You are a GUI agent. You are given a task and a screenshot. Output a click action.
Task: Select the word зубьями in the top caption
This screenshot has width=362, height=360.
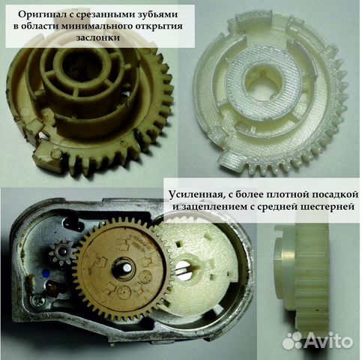tap(166, 12)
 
